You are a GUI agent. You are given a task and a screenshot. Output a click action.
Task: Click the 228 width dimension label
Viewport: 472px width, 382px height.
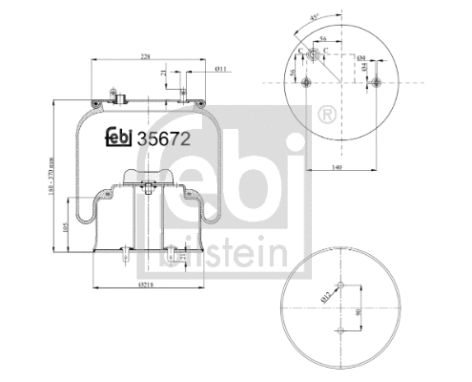tap(146, 56)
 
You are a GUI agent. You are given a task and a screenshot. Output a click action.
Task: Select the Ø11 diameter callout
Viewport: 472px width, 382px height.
tap(219, 68)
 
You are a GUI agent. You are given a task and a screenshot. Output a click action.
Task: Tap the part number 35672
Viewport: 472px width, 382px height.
tap(164, 138)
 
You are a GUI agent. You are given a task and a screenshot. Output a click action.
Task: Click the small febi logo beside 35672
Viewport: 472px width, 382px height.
tap(119, 138)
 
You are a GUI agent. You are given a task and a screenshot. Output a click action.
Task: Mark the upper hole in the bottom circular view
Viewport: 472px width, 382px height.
tap(340, 287)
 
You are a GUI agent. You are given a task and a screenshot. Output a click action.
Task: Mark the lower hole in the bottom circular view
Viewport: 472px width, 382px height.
tap(340, 331)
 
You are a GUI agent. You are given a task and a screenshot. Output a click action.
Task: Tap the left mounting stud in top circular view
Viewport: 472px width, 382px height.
tap(304, 82)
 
